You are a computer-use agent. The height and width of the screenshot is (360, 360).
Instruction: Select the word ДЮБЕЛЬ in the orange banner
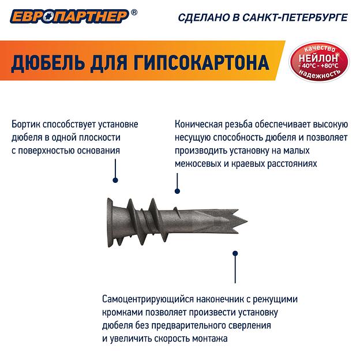(x=46, y=62)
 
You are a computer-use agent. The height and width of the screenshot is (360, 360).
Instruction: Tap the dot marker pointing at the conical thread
(x=177, y=191)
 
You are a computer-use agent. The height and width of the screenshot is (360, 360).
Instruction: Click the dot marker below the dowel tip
(x=234, y=253)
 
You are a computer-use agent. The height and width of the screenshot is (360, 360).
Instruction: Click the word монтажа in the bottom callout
(x=211, y=339)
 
